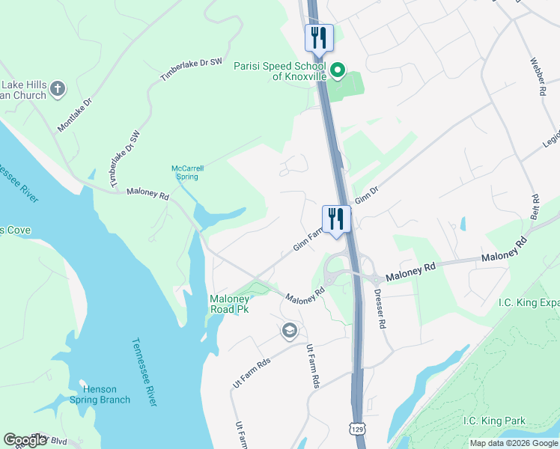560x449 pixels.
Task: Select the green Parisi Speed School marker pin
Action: click(338, 72)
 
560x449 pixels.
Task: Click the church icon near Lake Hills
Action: click(58, 91)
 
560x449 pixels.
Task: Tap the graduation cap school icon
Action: click(290, 330)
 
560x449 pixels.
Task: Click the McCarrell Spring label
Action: click(187, 173)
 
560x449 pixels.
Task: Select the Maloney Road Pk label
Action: click(228, 304)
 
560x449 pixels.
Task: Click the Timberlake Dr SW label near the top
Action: click(192, 70)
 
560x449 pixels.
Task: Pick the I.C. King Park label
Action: click(493, 421)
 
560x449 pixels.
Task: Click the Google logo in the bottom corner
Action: click(25, 440)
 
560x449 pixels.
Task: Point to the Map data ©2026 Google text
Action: click(513, 443)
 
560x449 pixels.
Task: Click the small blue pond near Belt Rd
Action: click(463, 223)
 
